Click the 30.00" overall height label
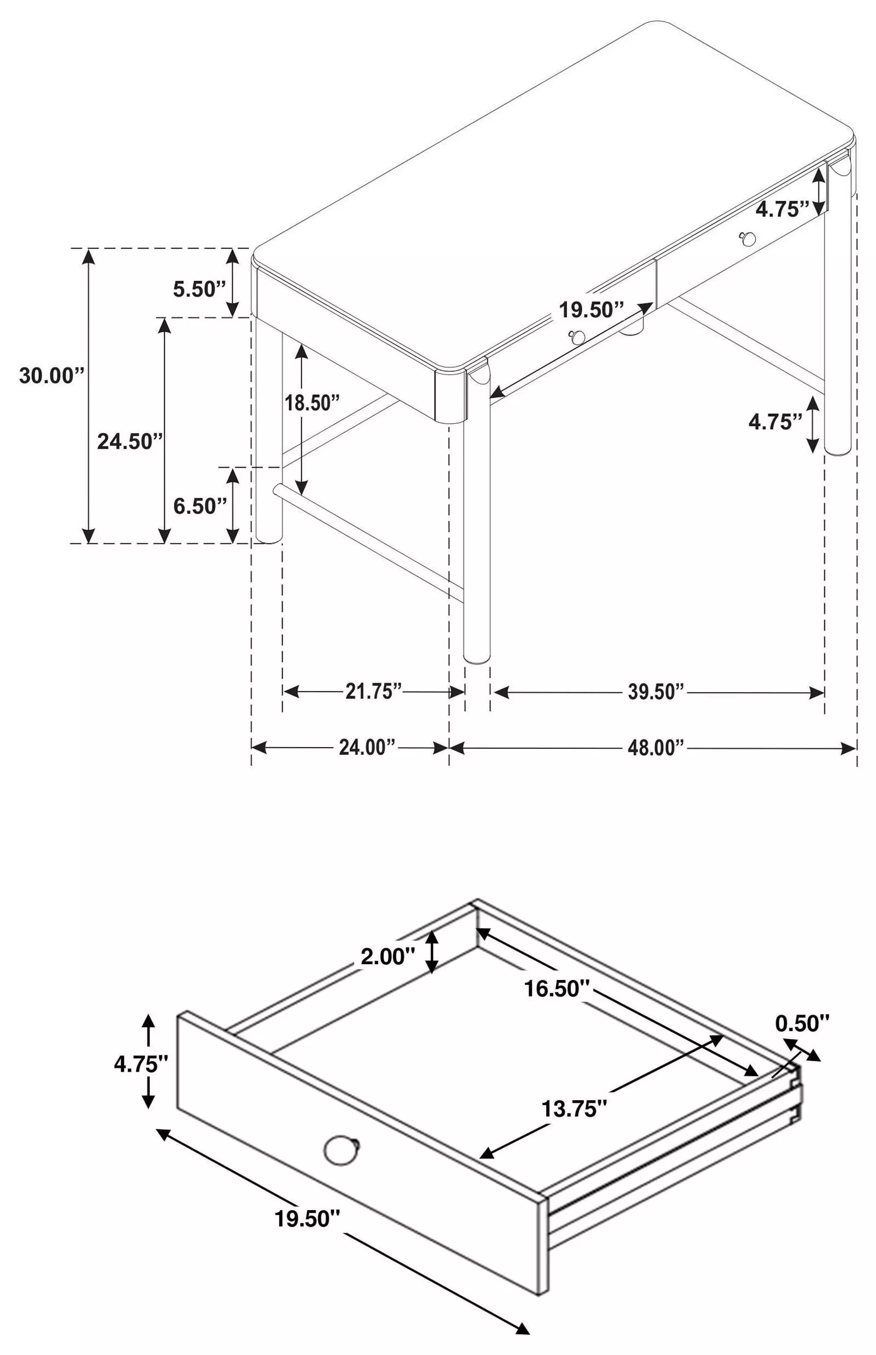(52, 376)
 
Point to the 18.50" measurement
(312, 403)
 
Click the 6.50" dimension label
(200, 506)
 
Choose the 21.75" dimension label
(374, 692)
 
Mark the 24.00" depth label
(367, 747)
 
